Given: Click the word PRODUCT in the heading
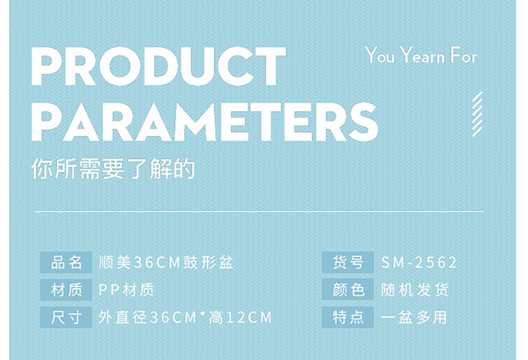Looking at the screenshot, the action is (158, 66).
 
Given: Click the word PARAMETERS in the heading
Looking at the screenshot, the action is (205, 121).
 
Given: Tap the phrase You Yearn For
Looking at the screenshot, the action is (421, 56).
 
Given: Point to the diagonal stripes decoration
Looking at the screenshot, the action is (477, 114).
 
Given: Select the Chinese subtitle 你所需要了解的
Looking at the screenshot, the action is (113, 168).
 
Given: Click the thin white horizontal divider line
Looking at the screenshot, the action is (259, 211).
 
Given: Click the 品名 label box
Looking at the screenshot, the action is (66, 262).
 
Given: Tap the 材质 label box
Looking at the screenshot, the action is (66, 290).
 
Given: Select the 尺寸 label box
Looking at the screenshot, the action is (66, 317).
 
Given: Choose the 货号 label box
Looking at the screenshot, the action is (348, 262).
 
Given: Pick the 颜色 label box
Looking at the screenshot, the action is (348, 290).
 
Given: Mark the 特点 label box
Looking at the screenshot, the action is (348, 317).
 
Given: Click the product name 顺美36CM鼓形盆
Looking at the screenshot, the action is (165, 262).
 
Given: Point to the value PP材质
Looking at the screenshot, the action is (126, 290).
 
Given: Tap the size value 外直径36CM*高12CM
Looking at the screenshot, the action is (185, 317).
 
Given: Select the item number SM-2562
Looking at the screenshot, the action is (419, 262).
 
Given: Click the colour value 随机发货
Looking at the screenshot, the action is (415, 290).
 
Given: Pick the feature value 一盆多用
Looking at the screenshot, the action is (414, 317).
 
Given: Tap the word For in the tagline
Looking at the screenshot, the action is (465, 55).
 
